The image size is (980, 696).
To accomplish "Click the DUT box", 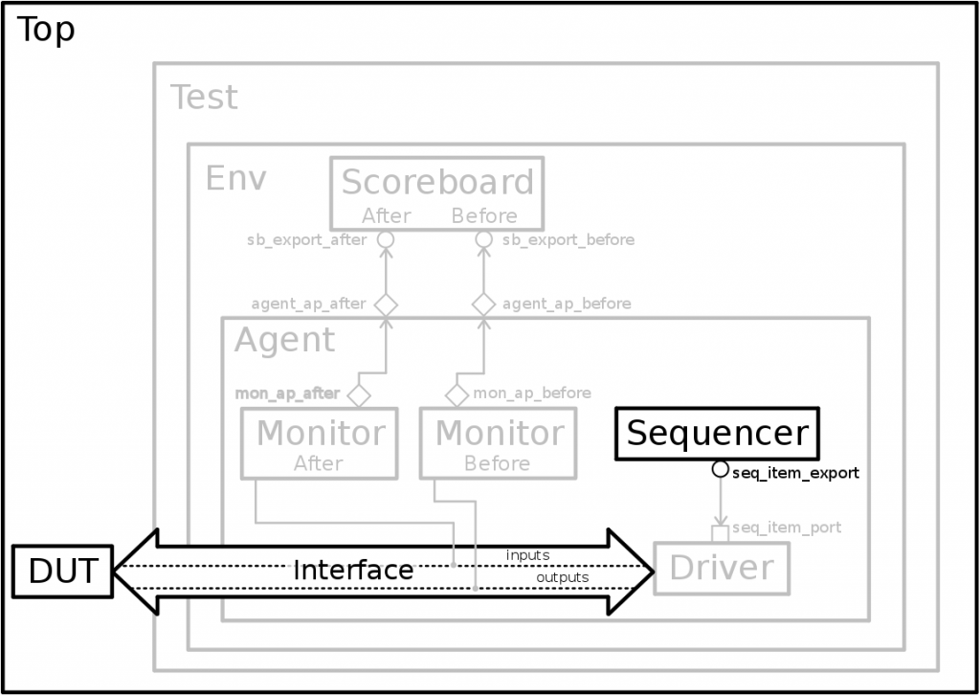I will pyautogui.click(x=62, y=571).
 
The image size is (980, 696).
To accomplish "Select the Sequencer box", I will pyautogui.click(x=718, y=434).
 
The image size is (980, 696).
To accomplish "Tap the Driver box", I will pyautogui.click(x=721, y=568).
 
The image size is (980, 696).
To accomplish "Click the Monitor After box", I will pyautogui.click(x=318, y=443).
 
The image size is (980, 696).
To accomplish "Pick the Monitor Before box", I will pyautogui.click(x=498, y=443).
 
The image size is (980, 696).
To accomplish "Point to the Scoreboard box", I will pyautogui.click(x=437, y=192).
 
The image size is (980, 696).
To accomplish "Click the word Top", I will pyautogui.click(x=46, y=31).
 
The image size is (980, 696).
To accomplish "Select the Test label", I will pyautogui.click(x=204, y=98).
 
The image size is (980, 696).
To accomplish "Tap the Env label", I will pyautogui.click(x=235, y=179).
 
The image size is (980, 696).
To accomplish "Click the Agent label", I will pyautogui.click(x=285, y=341).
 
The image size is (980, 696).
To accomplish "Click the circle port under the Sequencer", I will pyautogui.click(x=720, y=470).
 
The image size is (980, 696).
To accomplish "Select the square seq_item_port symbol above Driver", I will pyautogui.click(x=720, y=532).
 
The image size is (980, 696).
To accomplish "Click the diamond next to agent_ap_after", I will pyautogui.click(x=385, y=304).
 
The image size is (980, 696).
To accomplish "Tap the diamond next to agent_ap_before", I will pyautogui.click(x=483, y=304).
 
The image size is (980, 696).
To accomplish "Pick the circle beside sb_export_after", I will pyautogui.click(x=385, y=239).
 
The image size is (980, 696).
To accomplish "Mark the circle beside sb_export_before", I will pyautogui.click(x=483, y=239).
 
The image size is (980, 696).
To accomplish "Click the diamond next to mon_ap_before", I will pyautogui.click(x=457, y=393).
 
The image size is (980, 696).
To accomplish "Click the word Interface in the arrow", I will pyautogui.click(x=353, y=571).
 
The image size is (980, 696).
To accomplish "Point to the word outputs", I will pyautogui.click(x=562, y=577).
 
